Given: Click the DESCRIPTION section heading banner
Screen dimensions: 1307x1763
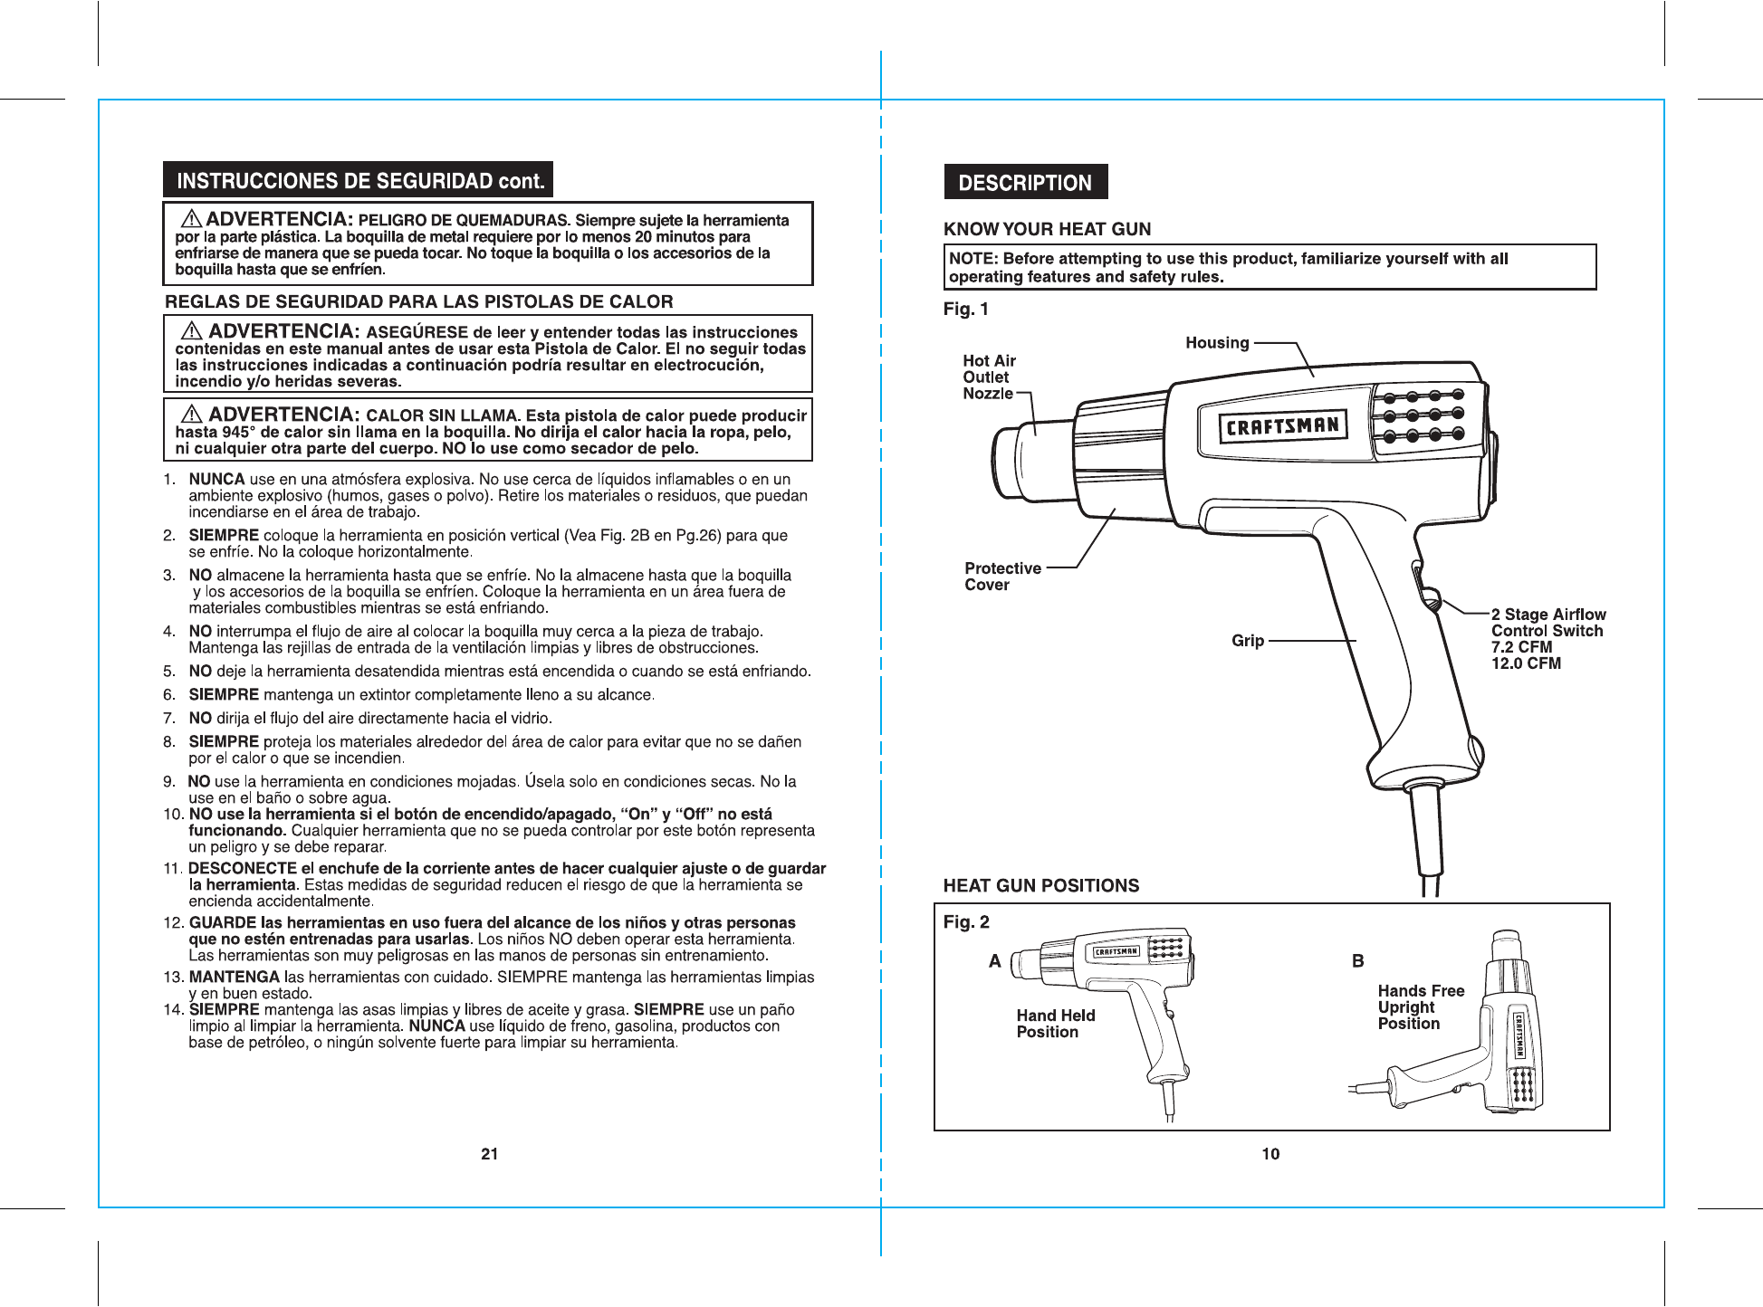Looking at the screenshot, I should point(1025,183).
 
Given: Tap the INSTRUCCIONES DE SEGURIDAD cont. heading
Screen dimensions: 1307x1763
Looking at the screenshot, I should point(359,180).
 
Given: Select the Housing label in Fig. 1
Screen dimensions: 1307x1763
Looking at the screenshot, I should point(1217,343).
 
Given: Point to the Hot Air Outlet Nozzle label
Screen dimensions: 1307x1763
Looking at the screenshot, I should point(989,377).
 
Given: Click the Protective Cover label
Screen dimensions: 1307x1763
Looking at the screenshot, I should point(1002,577).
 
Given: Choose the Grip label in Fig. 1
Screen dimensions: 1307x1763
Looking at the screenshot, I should point(1247,641).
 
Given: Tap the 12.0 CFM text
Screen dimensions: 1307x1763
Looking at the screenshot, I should point(1526,663).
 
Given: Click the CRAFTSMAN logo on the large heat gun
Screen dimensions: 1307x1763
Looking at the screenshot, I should point(1280,426).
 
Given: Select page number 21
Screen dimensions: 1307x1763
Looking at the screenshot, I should point(490,1154).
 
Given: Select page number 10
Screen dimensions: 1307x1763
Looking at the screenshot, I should point(1270,1154).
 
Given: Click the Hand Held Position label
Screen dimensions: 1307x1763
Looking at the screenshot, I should point(1055,1024).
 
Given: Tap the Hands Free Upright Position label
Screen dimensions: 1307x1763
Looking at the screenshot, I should point(1420,1007).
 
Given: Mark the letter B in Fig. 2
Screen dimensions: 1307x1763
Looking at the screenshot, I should point(1357,961).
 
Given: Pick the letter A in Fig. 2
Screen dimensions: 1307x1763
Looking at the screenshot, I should point(995,961).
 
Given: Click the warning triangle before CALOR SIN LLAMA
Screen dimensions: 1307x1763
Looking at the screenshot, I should point(192,415).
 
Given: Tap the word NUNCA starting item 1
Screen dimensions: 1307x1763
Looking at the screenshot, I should point(216,480).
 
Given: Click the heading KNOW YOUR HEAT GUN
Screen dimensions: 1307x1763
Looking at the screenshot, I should point(1047,230).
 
